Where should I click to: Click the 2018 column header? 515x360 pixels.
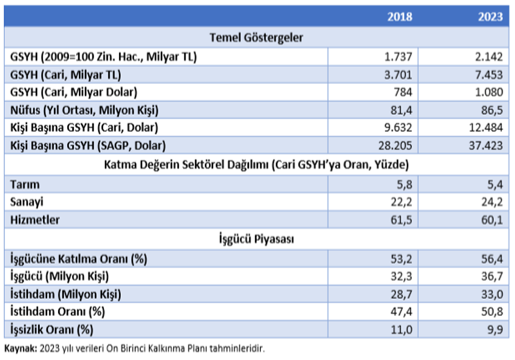pos(399,16)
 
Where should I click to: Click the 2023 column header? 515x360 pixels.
pos(490,16)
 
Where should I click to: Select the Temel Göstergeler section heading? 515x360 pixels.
pos(256,38)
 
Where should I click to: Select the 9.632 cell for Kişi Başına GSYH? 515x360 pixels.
pos(399,128)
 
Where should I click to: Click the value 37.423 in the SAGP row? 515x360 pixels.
pos(486,146)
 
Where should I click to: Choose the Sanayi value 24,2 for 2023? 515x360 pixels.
pos(493,202)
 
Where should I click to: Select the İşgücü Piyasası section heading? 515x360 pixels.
pos(256,239)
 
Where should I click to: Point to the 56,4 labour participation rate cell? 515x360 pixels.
pos(493,259)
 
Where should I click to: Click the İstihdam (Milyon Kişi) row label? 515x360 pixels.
pos(66,295)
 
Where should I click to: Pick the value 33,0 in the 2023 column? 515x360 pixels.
pos(493,295)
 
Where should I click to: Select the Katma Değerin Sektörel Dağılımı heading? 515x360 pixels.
pos(256,164)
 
